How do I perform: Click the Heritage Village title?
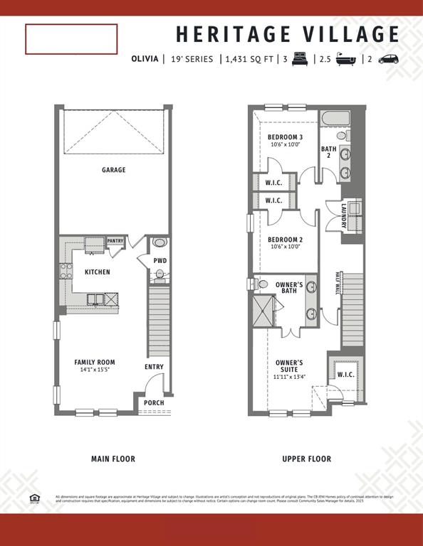pos(288,34)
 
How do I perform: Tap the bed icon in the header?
pos(300,60)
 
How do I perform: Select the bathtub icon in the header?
pos(347,60)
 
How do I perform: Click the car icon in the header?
pos(389,60)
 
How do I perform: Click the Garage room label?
pos(113,170)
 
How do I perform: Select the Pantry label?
pos(115,241)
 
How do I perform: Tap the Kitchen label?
pos(97,272)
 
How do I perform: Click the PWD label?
pos(160,261)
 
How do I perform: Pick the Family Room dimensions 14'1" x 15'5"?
pos(94,370)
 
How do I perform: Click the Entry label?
pos(154,367)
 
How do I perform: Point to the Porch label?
pos(154,403)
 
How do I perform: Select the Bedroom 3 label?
pos(285,137)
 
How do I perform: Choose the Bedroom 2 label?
pos(285,240)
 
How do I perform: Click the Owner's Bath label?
pos(289,288)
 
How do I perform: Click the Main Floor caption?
pos(113,459)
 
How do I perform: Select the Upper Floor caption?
pos(306,459)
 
